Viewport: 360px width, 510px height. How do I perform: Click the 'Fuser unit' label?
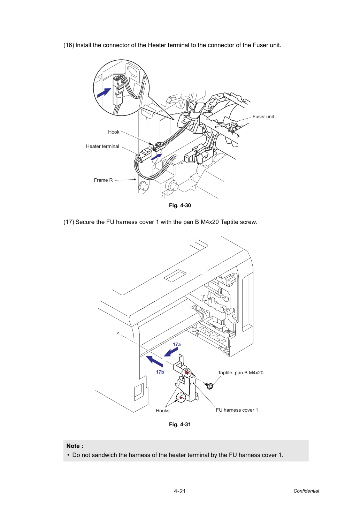click(263, 117)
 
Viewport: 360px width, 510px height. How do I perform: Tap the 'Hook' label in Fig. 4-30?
click(114, 132)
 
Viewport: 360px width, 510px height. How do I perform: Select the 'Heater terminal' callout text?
click(102, 147)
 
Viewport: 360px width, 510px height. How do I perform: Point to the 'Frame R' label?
click(103, 180)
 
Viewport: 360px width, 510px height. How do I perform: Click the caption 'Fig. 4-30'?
click(180, 205)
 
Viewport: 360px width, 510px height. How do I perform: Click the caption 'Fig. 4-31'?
click(180, 425)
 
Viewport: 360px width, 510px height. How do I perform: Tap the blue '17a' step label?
click(177, 345)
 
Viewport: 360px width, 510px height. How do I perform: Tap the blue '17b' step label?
click(160, 372)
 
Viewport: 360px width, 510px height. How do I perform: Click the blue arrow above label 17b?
click(154, 361)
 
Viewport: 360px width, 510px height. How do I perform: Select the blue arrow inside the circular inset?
click(104, 93)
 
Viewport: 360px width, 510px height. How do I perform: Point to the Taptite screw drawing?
click(209, 385)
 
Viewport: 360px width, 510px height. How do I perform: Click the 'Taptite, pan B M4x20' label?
click(240, 373)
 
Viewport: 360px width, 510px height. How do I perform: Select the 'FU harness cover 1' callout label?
click(237, 410)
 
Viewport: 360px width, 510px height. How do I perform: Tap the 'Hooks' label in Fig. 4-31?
click(163, 411)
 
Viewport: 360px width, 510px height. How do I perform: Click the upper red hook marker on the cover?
click(186, 373)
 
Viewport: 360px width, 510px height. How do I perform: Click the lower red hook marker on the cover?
click(181, 398)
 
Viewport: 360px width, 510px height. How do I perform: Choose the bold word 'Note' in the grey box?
click(73, 446)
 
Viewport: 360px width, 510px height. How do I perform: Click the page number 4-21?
click(180, 491)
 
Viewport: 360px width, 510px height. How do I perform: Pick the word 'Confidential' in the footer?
click(306, 491)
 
